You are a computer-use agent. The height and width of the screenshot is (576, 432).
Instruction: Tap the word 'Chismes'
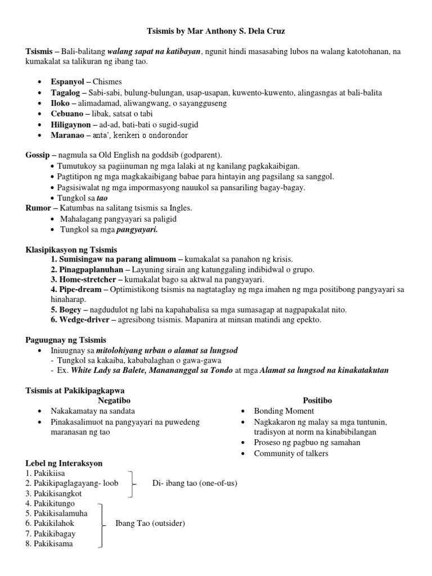(x=107, y=82)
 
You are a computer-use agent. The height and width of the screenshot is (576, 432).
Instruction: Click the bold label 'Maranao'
(x=67, y=135)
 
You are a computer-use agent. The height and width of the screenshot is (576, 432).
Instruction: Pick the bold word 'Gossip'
(x=38, y=155)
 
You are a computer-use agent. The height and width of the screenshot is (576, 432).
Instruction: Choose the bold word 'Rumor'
(x=38, y=208)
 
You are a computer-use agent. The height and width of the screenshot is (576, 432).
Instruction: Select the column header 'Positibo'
(x=317, y=400)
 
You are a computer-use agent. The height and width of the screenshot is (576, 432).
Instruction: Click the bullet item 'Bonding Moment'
(x=283, y=411)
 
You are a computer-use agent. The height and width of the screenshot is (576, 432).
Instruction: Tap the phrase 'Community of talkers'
(x=291, y=453)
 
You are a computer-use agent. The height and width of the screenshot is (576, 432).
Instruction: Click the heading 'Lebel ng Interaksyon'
(x=64, y=463)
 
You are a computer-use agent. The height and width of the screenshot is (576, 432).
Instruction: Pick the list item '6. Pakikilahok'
(x=50, y=523)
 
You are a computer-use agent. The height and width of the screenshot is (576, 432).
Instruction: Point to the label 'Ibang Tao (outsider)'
(x=150, y=523)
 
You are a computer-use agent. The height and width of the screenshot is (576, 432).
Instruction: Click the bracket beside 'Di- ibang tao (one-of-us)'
(x=132, y=483)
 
